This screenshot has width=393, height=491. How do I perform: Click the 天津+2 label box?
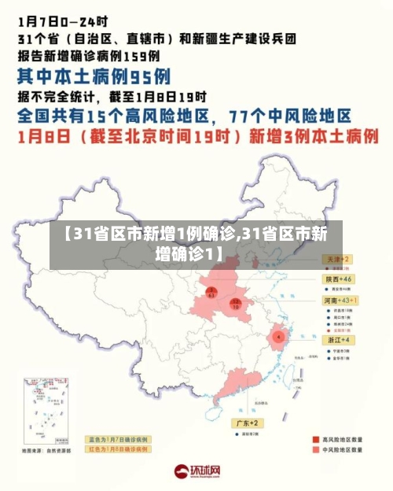[338, 259]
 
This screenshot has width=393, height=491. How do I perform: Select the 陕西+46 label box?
[340, 279]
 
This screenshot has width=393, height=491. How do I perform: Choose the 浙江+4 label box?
[340, 339]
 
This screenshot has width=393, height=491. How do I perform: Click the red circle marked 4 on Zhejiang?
[278, 337]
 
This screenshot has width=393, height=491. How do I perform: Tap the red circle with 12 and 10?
[235, 303]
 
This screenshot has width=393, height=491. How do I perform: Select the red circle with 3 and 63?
[211, 293]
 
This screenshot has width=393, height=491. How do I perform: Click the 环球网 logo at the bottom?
[196, 471]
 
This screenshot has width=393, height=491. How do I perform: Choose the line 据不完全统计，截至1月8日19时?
[112, 98]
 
